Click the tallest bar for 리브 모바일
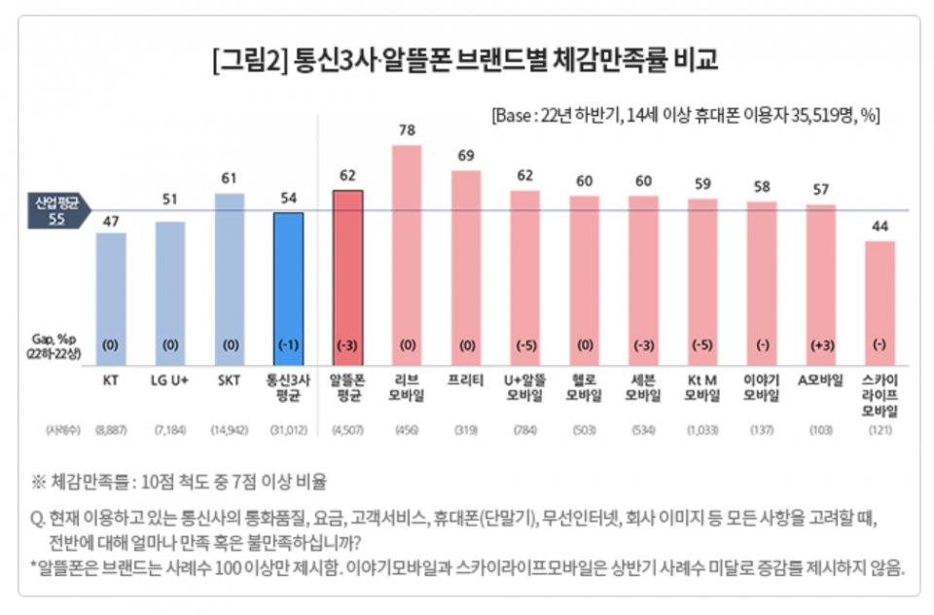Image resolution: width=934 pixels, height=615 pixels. pyautogui.click(x=407, y=253)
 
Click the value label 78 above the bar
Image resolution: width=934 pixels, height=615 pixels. pyautogui.click(x=407, y=130)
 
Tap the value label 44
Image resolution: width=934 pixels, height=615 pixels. pyautogui.click(x=880, y=226)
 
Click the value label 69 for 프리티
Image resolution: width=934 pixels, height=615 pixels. pyautogui.click(x=466, y=156)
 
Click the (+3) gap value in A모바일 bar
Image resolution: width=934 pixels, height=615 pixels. pyautogui.click(x=821, y=345)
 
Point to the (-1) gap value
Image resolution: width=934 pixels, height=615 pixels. pyautogui.click(x=288, y=345)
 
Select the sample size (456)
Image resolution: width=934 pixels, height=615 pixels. pyautogui.click(x=407, y=429)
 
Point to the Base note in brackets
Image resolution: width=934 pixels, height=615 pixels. pyautogui.click(x=686, y=114)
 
